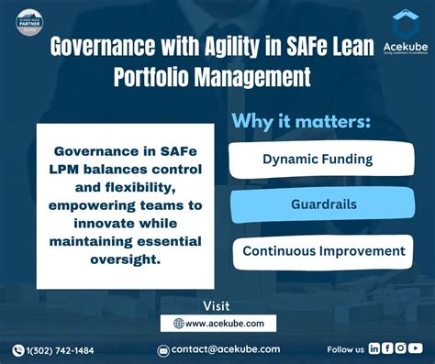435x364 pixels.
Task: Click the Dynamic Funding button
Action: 318,160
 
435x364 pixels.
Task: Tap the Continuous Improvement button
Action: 323,251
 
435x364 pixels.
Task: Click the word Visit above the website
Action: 216,305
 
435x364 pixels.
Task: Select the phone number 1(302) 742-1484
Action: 61,350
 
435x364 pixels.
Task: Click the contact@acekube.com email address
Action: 226,349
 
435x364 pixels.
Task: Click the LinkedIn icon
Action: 374,348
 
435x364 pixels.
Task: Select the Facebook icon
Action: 387,348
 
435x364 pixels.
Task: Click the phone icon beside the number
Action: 18,350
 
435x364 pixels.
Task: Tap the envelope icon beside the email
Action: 163,350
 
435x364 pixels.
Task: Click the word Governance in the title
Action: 98,47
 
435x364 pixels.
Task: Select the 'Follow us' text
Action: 346,349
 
